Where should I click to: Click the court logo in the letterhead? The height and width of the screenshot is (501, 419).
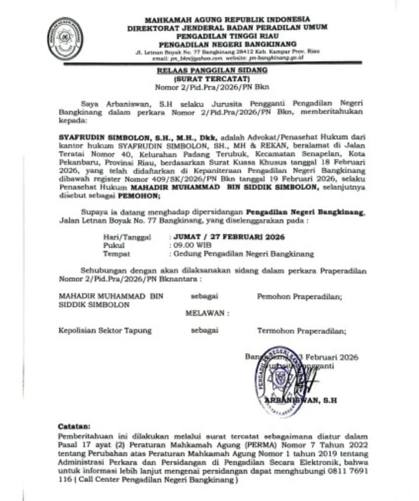[x=65, y=38]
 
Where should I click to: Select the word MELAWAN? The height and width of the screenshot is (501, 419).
[x=206, y=313]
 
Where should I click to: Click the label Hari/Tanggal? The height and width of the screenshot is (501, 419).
[x=126, y=237]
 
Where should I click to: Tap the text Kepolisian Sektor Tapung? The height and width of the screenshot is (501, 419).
[x=105, y=330]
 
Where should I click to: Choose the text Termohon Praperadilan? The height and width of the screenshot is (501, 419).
[x=301, y=330]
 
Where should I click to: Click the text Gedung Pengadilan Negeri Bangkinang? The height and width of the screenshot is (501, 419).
[x=242, y=254]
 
